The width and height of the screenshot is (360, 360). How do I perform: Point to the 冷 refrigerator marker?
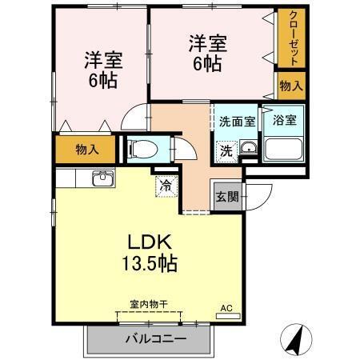tap(166, 186)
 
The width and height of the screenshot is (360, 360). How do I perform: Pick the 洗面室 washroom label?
tap(238, 122)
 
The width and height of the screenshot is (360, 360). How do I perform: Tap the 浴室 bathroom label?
tap(284, 122)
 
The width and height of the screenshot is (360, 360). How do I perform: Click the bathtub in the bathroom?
tap(284, 148)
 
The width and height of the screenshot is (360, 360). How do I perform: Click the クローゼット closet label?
tap(294, 38)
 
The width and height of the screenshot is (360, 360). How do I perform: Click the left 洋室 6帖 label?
tap(102, 70)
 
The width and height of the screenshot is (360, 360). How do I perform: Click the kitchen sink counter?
tap(104, 178)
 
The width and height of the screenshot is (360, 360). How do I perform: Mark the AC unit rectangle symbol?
tap(227, 316)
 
